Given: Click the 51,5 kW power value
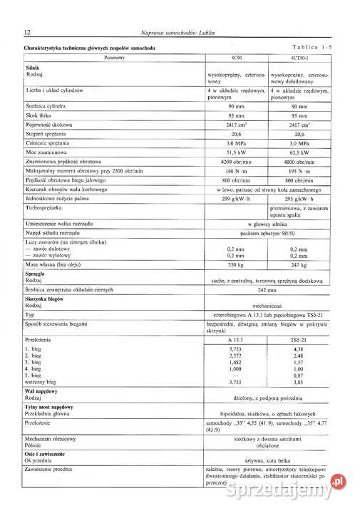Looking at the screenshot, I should click(x=236, y=152).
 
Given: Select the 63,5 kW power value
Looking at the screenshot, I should click(x=300, y=152).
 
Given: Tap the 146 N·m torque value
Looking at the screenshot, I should click(x=236, y=171).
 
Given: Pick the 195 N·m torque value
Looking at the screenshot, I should click(x=300, y=171).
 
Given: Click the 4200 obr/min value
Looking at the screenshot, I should click(x=236, y=162).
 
